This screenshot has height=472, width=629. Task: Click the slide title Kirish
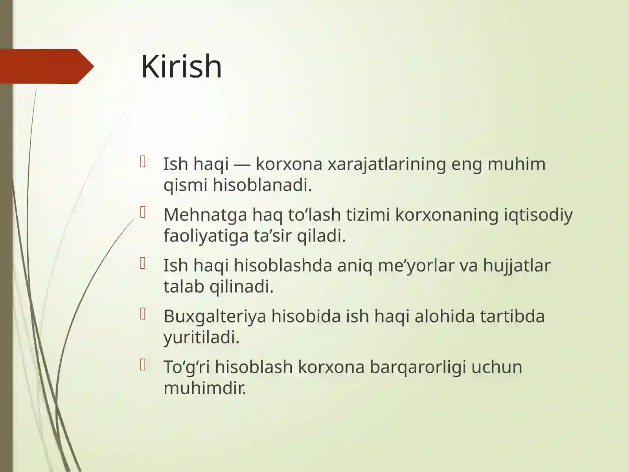pyautogui.click(x=181, y=66)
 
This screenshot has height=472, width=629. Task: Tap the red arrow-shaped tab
pyautogui.click(x=45, y=66)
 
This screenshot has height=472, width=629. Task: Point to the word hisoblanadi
pyautogui.click(x=262, y=185)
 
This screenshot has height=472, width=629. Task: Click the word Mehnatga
pyautogui.click(x=205, y=215)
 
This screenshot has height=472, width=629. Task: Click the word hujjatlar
pyautogui.click(x=517, y=265)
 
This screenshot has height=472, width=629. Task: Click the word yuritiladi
pyautogui.click(x=201, y=337)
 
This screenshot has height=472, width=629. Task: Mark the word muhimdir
pyautogui.click(x=205, y=388)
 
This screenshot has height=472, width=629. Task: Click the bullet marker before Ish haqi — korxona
pyautogui.click(x=143, y=162)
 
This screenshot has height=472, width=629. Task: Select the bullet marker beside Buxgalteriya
pyautogui.click(x=143, y=314)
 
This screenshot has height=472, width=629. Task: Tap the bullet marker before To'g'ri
pyautogui.click(x=143, y=365)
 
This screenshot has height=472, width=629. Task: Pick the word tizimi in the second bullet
pyautogui.click(x=368, y=215)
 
